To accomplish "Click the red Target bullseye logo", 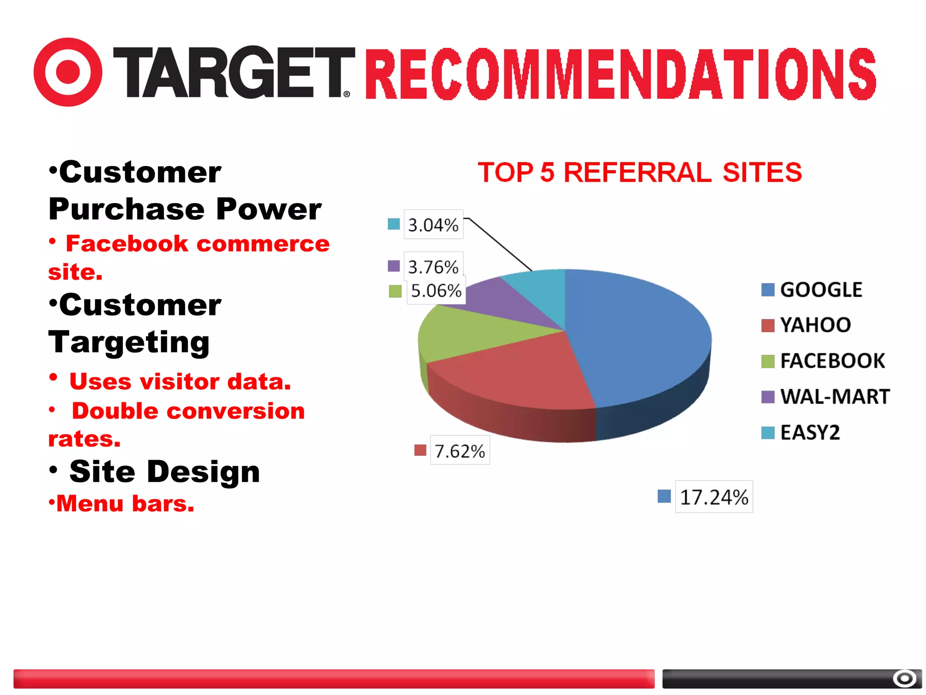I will click(68, 72).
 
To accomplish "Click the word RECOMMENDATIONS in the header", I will click(620, 75).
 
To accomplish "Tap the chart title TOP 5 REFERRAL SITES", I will click(639, 172).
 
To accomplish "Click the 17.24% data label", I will click(713, 497).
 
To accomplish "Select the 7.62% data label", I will click(459, 451).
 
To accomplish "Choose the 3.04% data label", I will click(433, 224).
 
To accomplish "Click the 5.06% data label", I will click(436, 290).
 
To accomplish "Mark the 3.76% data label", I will click(433, 267).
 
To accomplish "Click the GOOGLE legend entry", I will click(821, 290).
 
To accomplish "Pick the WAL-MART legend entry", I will click(834, 397).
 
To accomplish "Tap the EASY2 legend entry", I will click(809, 433).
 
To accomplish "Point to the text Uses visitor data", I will click(180, 381).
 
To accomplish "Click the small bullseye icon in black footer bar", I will click(904, 678).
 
